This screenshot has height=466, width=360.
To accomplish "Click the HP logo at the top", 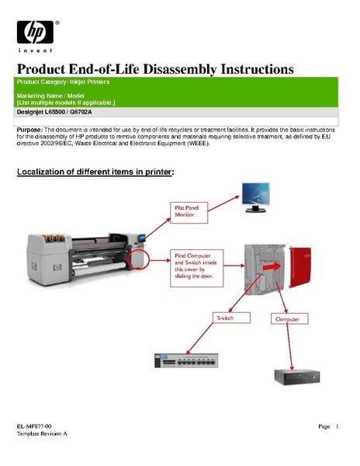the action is coord(36,32).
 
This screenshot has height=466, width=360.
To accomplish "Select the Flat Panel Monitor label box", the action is coord(189,213).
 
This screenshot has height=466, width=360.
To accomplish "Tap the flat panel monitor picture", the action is coord(255,197).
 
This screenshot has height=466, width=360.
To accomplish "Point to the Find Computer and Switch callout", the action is coord(196,268).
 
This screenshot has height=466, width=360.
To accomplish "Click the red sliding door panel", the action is coord(300,266).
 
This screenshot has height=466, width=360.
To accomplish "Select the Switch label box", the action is coord(231,318).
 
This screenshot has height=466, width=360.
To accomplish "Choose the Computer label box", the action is coord(289,318).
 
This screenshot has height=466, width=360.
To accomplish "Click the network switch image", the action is coord(186,360).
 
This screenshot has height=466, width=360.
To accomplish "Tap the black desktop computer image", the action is coord(297,377).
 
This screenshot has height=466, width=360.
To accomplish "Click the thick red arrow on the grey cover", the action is coord(272,266).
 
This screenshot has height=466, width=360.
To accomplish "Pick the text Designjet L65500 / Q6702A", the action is coord(54,112).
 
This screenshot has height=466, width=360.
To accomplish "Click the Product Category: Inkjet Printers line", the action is coord(63,82).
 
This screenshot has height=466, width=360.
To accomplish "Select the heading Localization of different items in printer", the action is coord(95,172).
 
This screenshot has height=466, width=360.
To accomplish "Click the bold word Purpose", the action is coord(30,130).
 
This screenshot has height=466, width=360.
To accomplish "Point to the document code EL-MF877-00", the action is coord(34,426).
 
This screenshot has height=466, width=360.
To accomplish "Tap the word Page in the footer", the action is coord(324,426).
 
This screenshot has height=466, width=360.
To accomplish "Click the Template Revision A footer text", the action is coord(42,433).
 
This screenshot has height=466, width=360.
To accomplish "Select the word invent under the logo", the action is coord(36,50).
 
